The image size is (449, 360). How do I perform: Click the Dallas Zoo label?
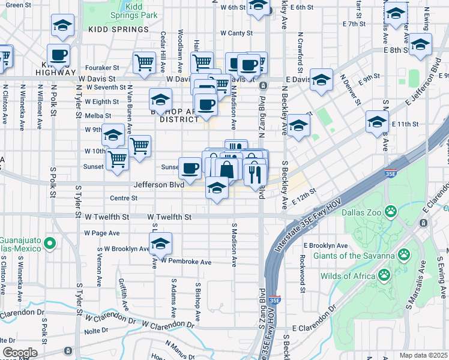coord(361,212)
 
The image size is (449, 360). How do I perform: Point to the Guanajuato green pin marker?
coord(50,244)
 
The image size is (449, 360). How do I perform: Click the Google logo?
coord(20,353)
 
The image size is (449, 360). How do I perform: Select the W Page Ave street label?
coord(102,233)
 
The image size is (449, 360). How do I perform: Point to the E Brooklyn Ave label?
coord(325,246)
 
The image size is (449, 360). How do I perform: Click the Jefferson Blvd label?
coord(158,185)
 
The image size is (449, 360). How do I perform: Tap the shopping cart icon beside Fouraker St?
coord(144,62)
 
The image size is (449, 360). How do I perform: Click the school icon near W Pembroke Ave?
coord(160,244)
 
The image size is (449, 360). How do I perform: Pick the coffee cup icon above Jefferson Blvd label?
coord(190,168)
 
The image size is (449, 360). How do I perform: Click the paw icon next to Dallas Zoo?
coord(391,211)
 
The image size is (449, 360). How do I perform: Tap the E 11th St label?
coord(404,124)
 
